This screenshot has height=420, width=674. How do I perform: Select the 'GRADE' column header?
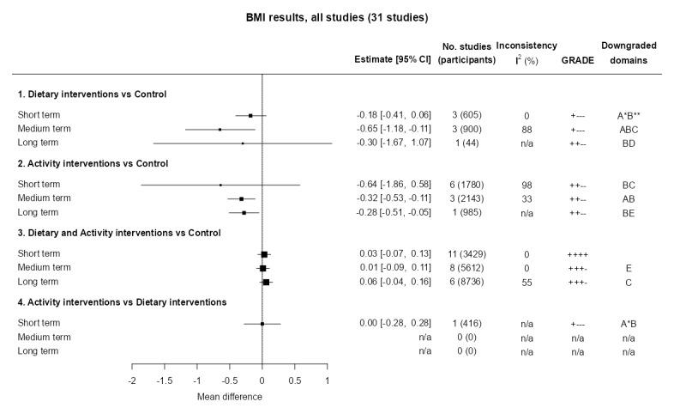[575, 60]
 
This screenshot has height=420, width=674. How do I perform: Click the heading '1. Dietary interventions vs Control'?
[93, 94]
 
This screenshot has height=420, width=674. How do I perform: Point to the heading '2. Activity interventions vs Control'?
[93, 162]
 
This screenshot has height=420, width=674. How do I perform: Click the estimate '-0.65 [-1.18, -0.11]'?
[394, 129]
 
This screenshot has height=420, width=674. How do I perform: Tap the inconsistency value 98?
[527, 185]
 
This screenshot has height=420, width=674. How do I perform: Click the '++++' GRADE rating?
[577, 254]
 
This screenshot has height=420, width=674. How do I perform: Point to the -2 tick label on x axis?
[132, 380]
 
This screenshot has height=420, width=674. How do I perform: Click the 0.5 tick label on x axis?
[294, 380]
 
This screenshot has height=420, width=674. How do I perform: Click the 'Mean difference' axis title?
[230, 397]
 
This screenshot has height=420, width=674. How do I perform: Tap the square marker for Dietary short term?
[250, 115]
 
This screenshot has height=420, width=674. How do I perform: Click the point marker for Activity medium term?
[241, 198]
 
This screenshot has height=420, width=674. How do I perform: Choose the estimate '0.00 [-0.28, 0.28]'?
[394, 324]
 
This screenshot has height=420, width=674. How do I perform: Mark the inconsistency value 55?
[527, 282]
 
